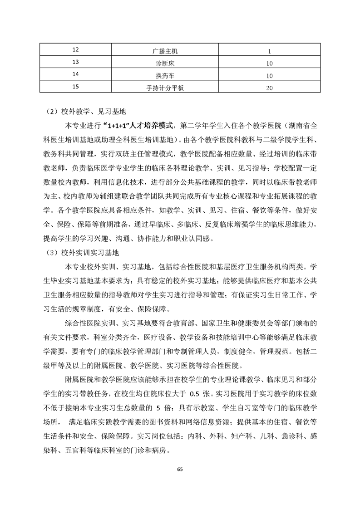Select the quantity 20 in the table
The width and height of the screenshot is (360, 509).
tap(269, 88)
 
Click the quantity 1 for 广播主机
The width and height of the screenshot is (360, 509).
tap(269, 51)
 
